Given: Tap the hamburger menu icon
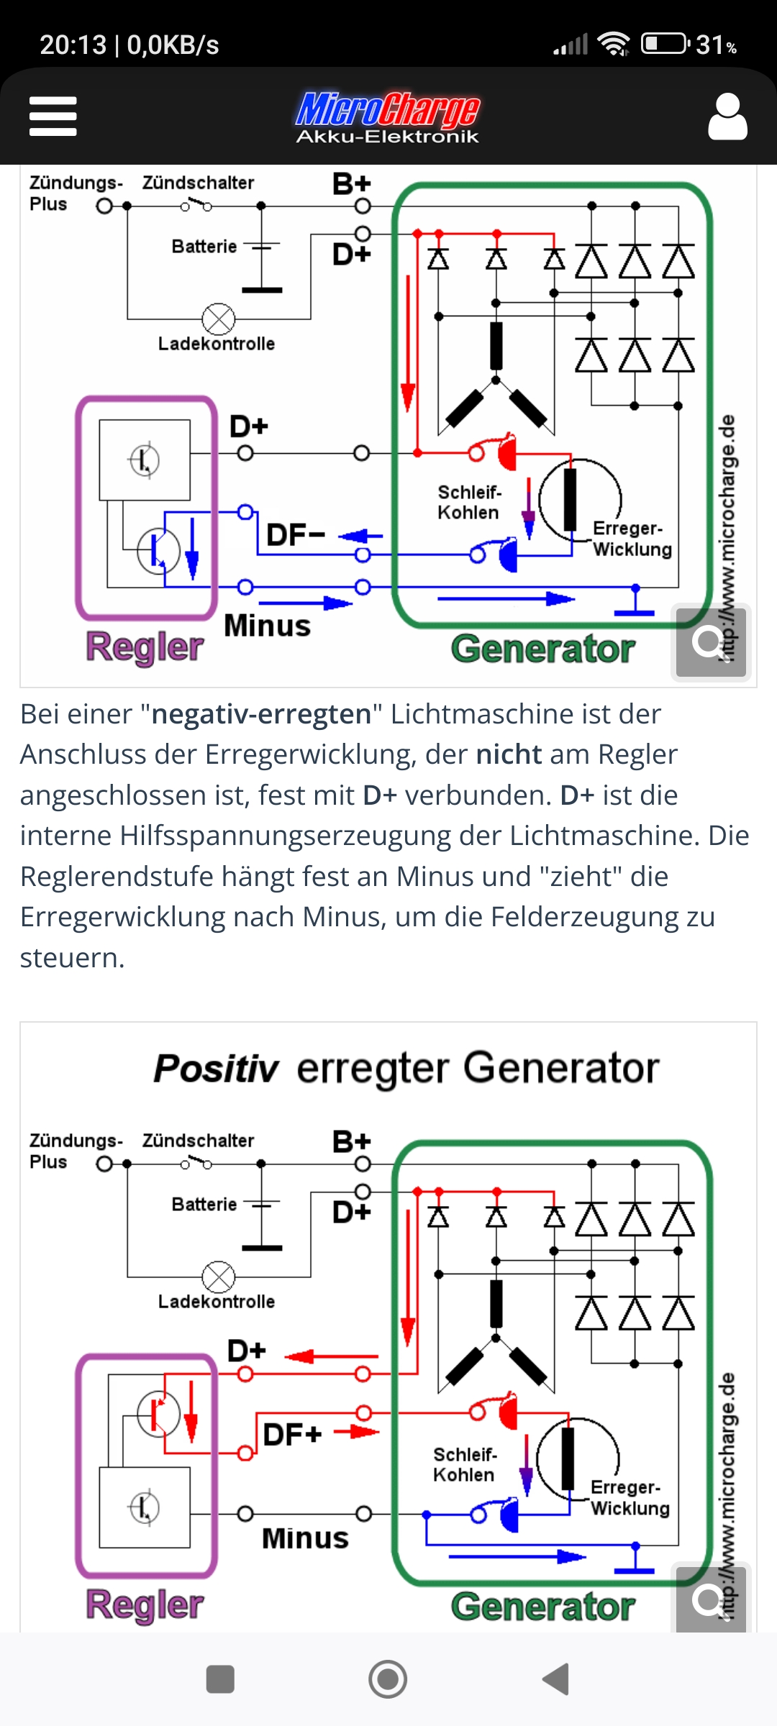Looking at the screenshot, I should click(53, 116).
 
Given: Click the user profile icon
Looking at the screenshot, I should click(727, 116).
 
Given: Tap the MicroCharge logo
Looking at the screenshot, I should click(388, 117).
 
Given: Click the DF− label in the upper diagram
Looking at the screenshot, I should click(296, 535).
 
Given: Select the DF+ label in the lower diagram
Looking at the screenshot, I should click(292, 1434).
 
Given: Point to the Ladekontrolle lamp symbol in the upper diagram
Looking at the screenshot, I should click(219, 319).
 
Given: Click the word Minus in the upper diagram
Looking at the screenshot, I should click(268, 626).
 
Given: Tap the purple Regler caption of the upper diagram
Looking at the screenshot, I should click(145, 647).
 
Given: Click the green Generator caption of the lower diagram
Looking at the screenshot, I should click(543, 1606).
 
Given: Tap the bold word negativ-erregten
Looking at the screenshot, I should click(262, 714).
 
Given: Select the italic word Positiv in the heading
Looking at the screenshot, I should click(216, 1068).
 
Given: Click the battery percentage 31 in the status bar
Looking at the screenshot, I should click(710, 45).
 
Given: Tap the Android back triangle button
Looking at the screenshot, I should click(555, 1679).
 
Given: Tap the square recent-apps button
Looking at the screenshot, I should click(220, 1679).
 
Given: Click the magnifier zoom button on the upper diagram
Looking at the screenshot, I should click(709, 642).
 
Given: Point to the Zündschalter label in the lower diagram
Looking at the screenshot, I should click(198, 1141).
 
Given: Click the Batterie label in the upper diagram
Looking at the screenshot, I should click(204, 247).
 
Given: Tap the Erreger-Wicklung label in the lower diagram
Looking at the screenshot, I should click(630, 1497).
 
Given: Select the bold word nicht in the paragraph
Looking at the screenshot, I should click(509, 754).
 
